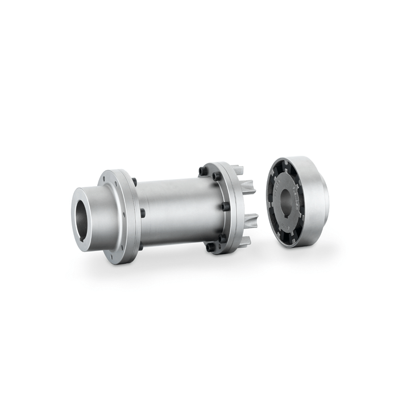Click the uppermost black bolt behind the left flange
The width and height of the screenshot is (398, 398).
click(134, 182)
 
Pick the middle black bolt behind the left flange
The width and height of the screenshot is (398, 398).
click(142, 213)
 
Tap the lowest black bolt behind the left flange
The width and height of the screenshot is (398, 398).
click(140, 246)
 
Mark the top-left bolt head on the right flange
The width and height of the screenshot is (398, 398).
click(203, 170)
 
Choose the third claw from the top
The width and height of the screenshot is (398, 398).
click(251, 219)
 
